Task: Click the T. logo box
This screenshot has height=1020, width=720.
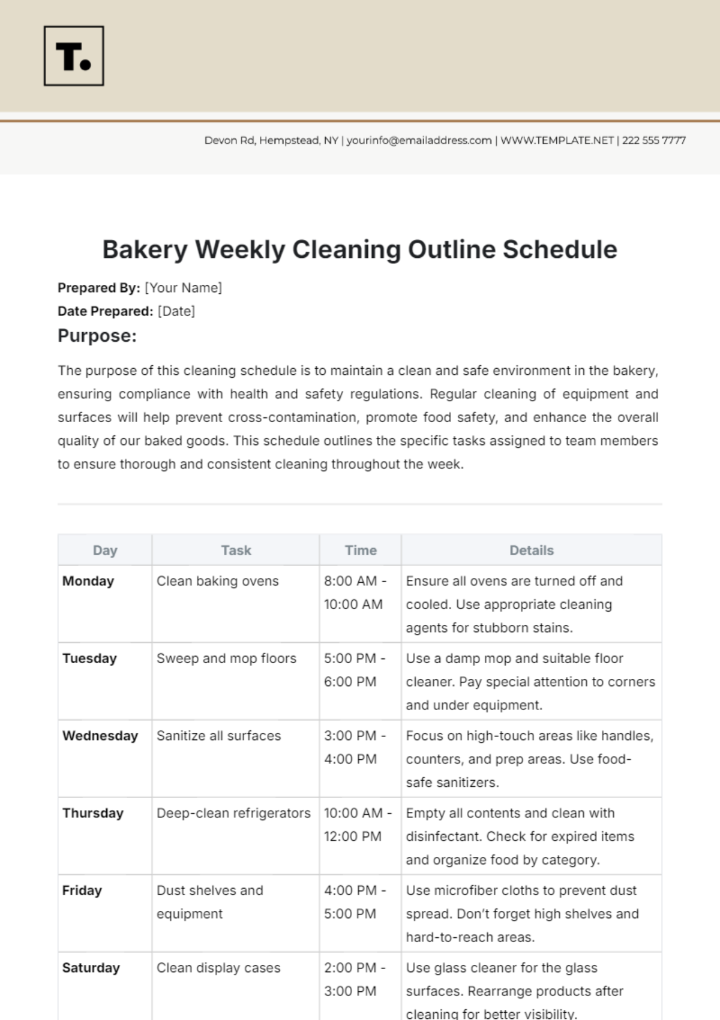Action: point(74,56)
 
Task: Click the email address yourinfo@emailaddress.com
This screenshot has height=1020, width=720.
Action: point(419,140)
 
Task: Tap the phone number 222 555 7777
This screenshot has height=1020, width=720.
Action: point(653,140)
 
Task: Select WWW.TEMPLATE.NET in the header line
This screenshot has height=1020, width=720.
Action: point(557,140)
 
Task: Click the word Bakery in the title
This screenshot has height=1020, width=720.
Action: point(145,249)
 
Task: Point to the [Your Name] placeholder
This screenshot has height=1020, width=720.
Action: point(183,288)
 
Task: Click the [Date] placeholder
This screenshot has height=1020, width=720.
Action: point(176,311)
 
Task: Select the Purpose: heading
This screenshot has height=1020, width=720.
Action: point(97,336)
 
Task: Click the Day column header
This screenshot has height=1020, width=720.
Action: point(105,550)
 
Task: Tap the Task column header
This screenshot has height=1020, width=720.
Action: point(236,550)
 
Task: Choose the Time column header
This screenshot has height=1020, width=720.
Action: point(361,550)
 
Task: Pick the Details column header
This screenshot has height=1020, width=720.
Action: point(532,550)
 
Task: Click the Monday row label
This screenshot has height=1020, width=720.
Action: point(88,581)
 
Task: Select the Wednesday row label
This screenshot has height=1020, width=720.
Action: point(100,736)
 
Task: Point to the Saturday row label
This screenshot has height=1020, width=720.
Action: point(91,968)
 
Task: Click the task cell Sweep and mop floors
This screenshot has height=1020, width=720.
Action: point(226,658)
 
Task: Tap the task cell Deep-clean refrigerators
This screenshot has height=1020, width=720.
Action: point(233,813)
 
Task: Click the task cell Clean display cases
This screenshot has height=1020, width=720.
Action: point(218,968)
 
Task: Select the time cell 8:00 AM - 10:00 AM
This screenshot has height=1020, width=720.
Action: point(355,592)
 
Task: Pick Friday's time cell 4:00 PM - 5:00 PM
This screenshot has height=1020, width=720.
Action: point(355,902)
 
